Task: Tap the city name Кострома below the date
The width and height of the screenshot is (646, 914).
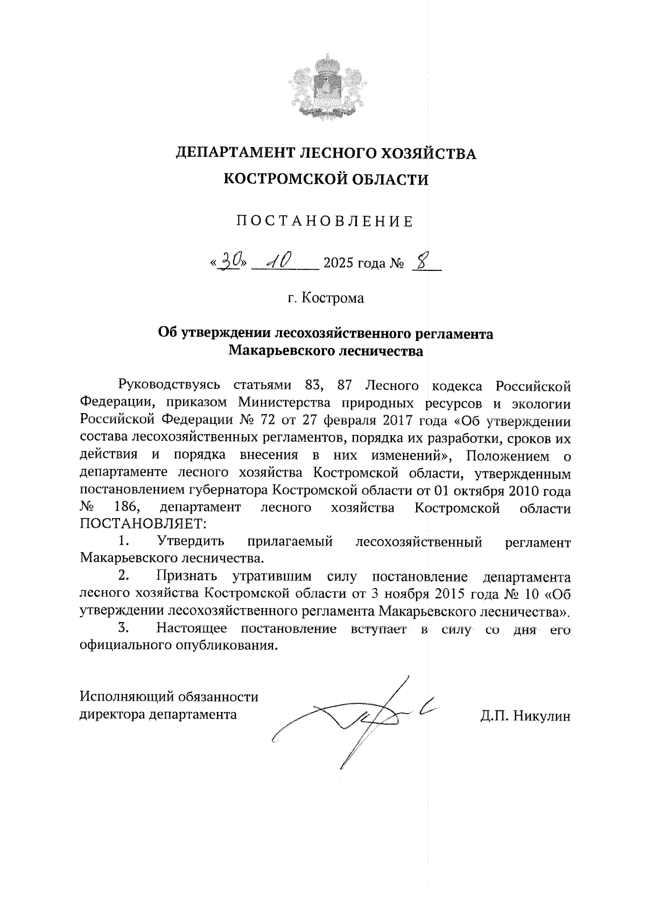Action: pos(332,298)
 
